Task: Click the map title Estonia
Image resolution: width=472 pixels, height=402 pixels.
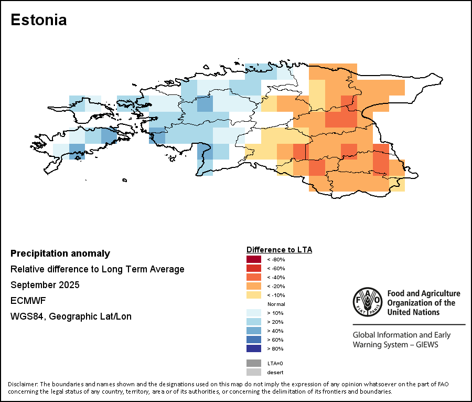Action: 38,20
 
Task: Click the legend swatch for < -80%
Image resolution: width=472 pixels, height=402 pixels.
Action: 254,259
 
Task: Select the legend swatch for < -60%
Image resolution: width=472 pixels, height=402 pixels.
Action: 254,268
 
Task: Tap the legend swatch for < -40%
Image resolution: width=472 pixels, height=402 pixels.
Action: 254,277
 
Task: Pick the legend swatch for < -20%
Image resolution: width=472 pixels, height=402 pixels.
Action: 254,286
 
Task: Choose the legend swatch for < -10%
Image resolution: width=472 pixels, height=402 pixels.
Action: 254,295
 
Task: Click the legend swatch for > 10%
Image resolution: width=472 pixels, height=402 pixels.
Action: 254,313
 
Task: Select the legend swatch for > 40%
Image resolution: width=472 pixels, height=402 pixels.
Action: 254,331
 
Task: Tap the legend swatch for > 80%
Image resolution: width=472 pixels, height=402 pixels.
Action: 254,348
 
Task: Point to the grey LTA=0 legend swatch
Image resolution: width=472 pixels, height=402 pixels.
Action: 254,363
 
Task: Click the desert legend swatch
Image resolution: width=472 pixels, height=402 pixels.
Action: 254,372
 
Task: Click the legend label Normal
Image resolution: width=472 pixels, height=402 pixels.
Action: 276,304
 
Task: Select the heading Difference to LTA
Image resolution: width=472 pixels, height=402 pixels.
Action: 279,249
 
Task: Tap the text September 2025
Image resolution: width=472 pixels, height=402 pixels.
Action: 45,285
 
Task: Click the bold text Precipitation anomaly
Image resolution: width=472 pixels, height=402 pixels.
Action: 60,253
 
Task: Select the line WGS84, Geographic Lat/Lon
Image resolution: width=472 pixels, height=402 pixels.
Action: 71,316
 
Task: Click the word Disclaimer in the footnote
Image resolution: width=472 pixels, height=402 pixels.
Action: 23,384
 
